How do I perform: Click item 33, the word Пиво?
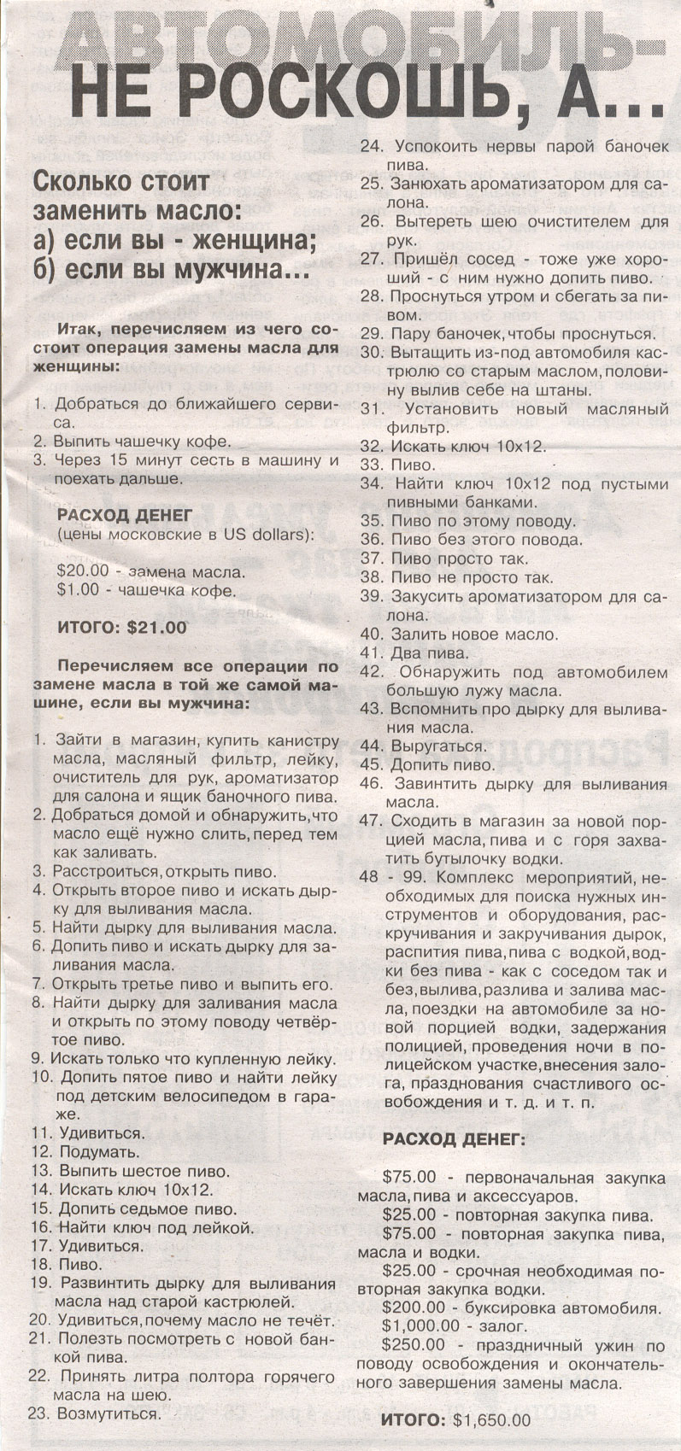coord(414,465)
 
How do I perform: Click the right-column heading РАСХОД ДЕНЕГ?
coord(454,1139)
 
